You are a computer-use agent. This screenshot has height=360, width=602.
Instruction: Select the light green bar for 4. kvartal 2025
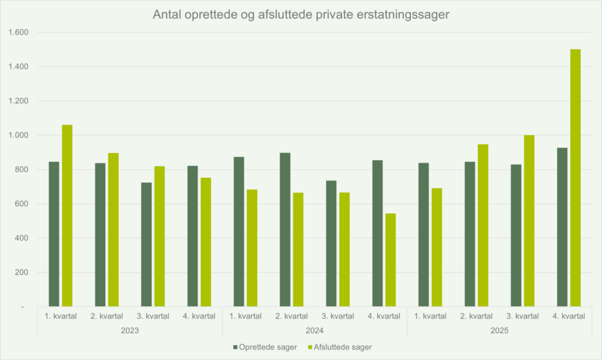(575, 178)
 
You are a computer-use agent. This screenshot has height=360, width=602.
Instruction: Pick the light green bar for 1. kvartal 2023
(67, 215)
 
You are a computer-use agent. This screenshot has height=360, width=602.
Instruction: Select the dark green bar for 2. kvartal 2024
(284, 229)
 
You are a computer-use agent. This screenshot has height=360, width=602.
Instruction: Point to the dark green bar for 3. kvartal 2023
(146, 244)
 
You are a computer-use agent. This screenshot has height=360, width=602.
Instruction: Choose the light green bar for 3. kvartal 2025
(529, 221)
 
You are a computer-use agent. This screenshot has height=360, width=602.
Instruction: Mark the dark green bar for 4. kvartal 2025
(562, 227)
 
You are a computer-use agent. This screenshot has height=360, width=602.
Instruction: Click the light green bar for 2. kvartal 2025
(483, 225)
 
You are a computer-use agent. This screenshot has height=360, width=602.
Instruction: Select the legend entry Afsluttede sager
(343, 347)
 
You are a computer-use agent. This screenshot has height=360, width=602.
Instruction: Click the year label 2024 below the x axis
(314, 331)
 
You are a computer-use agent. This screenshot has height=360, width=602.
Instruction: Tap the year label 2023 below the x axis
(129, 331)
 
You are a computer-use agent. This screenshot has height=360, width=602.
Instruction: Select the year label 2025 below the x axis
(499, 331)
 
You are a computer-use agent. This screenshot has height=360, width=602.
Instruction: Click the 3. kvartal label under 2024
(338, 316)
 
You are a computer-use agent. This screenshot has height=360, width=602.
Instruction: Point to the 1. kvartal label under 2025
(430, 316)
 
